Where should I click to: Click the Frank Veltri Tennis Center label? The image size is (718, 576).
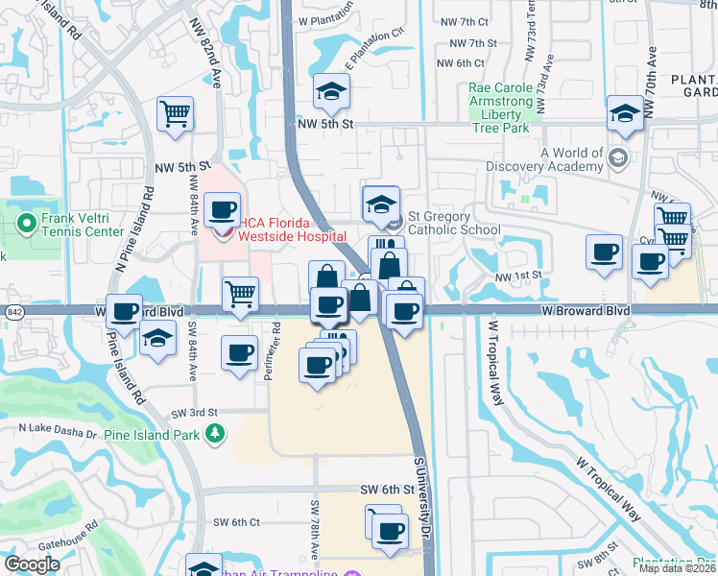82,225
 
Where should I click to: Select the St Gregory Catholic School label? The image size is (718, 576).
454,223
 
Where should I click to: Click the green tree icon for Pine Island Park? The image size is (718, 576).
215,435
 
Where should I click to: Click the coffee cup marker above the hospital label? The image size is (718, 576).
223,208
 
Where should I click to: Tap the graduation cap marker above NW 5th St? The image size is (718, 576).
332,91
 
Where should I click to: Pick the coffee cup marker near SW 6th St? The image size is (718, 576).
389,531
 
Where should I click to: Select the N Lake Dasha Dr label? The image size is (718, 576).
59,433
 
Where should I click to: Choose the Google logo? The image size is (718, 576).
33,564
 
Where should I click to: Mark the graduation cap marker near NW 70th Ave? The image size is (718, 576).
625,114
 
